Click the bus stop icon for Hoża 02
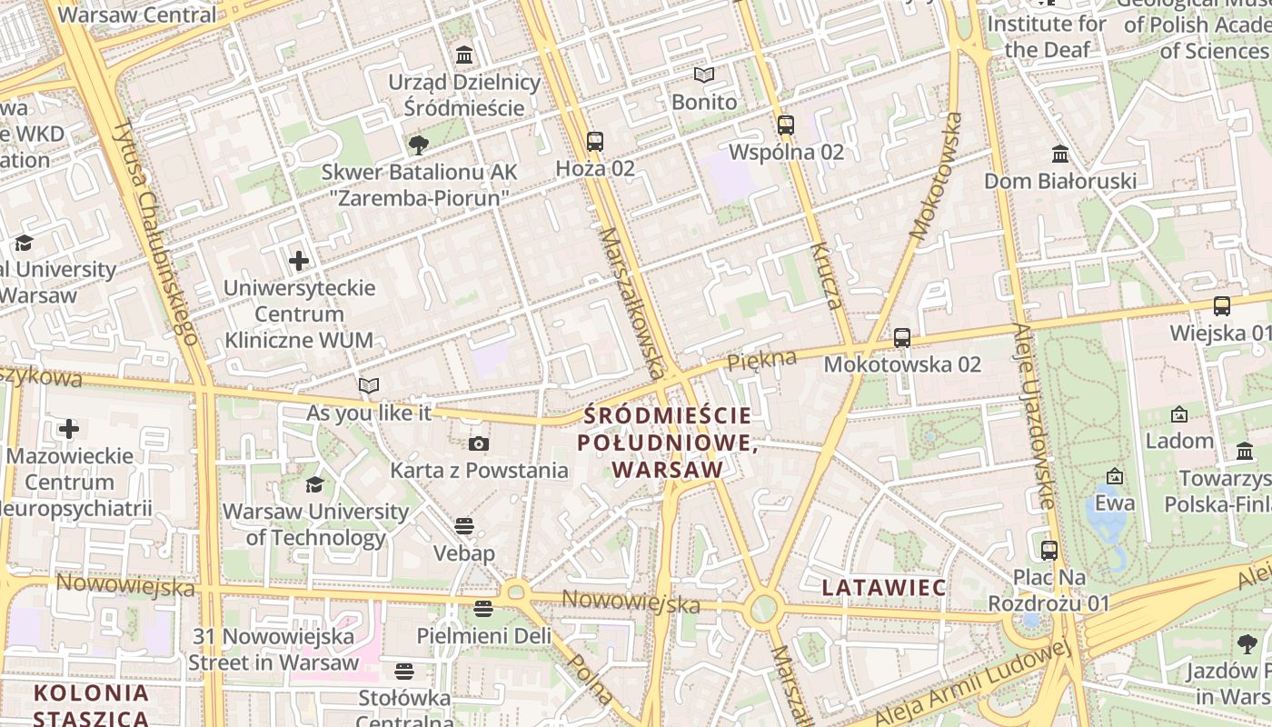point(595,142)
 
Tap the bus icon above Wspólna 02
point(786,125)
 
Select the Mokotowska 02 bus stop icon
point(902,338)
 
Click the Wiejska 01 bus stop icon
point(1222,306)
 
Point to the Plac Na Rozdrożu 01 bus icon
point(1049,550)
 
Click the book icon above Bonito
point(704,75)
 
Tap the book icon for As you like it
point(368,386)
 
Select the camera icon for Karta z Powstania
point(479,443)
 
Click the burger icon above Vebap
point(464,526)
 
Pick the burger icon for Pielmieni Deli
point(483,608)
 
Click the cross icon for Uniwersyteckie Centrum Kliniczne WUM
point(299,262)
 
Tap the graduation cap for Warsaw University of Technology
point(314,484)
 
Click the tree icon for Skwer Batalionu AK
point(419,144)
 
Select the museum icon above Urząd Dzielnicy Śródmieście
point(464,55)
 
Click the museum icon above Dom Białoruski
point(1059,154)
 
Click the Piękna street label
point(761,360)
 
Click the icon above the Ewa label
point(1115,476)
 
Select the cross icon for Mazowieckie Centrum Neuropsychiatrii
point(69,428)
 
